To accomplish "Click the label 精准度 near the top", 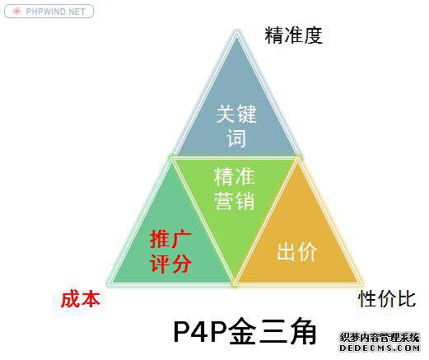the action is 293,35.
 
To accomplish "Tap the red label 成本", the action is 80,299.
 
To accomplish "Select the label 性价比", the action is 387,299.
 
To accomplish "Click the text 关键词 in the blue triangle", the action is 236,125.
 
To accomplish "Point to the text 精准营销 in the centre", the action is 234,189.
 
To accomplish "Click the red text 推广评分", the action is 170,252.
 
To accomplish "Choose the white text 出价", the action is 296,251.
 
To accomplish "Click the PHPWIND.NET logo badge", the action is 49,12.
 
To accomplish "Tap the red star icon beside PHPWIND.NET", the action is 16,12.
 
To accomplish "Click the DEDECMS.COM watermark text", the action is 380,348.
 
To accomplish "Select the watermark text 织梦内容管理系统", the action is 380,338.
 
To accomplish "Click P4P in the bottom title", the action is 201,331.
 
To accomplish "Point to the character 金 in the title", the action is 242,331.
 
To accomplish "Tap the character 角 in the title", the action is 301,331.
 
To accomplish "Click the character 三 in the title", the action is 272,331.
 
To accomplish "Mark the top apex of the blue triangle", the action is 236,32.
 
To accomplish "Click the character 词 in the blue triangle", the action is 236,138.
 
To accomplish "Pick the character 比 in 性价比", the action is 407,299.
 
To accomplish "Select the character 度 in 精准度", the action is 313,35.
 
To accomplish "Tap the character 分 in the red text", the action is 181,264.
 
